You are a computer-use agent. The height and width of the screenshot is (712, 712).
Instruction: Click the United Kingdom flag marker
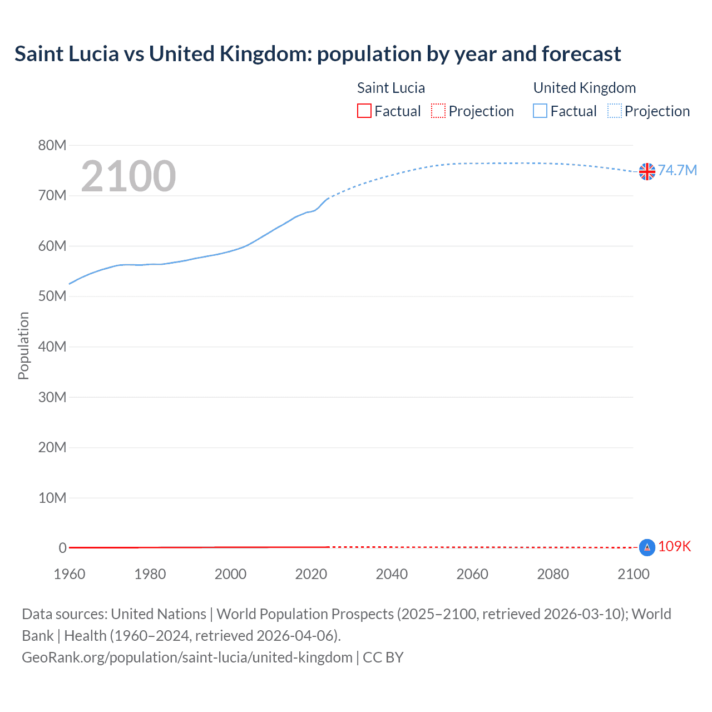pos(647,171)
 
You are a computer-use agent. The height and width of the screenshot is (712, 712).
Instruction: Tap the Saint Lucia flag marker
pos(647,547)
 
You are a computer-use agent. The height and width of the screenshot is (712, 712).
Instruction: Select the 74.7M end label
pos(677,170)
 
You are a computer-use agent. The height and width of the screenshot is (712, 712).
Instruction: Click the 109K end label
pos(674,546)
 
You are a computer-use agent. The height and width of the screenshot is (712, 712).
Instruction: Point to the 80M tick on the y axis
pos(52,145)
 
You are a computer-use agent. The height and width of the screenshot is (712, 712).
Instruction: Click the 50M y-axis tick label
pos(52,296)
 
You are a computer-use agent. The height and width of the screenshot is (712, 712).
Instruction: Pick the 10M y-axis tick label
pos(52,497)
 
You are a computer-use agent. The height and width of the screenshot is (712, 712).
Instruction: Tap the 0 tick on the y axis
pos(62,548)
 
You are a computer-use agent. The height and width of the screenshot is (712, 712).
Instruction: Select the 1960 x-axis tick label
pos(70,574)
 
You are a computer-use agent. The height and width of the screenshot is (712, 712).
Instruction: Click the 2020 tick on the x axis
pos(311,574)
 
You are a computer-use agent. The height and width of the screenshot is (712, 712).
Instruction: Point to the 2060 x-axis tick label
pos(472,574)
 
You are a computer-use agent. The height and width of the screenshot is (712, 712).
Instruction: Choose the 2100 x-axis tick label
pos(633,574)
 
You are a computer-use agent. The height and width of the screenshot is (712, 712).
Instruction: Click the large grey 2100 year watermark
pos(128,176)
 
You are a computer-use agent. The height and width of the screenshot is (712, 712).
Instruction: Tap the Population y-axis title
pos(23,345)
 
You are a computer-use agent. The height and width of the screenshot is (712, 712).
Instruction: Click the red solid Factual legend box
pos(364,111)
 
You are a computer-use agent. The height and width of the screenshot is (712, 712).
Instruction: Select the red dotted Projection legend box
pos(438,111)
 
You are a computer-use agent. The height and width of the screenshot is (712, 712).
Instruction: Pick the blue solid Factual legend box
pos(540,111)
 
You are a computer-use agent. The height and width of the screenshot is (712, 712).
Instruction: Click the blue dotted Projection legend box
pos(614,111)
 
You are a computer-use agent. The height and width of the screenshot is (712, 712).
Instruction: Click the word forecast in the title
pos(581,54)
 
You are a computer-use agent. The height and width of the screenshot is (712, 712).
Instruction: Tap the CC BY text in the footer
pos(383,657)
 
